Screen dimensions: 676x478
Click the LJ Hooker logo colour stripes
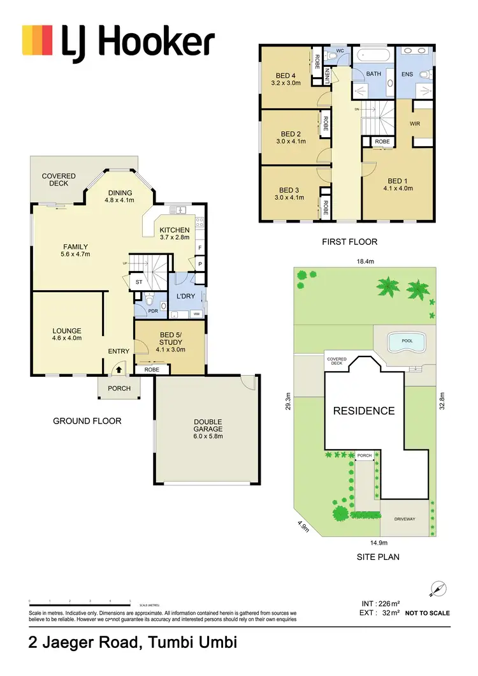click(x=38, y=40)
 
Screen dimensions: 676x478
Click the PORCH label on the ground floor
click(x=119, y=388)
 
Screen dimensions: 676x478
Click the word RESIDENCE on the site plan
click(x=364, y=411)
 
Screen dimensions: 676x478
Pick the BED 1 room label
click(x=398, y=184)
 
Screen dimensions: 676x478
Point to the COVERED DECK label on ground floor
click(x=59, y=179)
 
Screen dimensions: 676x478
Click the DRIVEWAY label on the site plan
click(x=405, y=518)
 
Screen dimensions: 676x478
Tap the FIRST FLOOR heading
click(x=350, y=242)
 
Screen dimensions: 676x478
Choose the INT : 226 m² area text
click(x=381, y=603)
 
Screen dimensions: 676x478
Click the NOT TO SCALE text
click(x=428, y=613)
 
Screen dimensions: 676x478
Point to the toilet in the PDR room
click(x=149, y=300)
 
